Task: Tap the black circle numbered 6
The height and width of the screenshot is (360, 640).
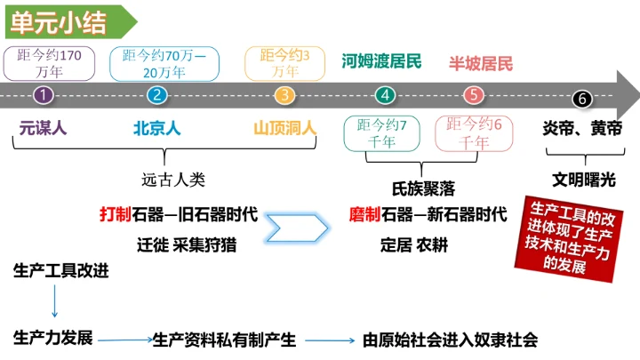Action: [x=583, y=98]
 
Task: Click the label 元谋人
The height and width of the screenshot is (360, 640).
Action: [x=43, y=128]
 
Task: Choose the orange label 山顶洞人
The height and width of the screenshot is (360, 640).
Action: [x=284, y=128]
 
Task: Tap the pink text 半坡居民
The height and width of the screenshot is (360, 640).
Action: [x=480, y=63]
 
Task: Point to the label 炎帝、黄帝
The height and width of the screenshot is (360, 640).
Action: [x=582, y=128]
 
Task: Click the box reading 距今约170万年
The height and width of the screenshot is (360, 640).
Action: [x=49, y=62]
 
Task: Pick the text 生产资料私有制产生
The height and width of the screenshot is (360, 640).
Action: [x=224, y=340]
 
